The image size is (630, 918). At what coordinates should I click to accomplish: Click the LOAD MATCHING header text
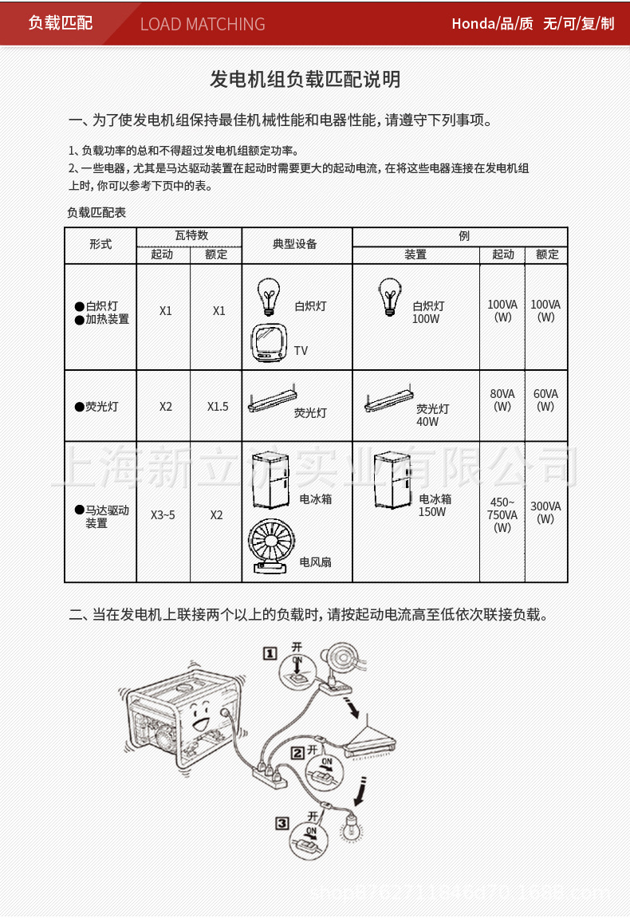coord(203,24)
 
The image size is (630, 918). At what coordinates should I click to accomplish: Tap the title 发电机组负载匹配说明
coord(305,79)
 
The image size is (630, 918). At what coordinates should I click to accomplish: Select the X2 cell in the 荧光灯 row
coord(165,406)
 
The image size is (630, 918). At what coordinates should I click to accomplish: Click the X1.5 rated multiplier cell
coord(218,406)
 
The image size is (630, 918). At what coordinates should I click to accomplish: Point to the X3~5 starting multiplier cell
coord(163,514)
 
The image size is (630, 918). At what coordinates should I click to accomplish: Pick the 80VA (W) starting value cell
coord(502,400)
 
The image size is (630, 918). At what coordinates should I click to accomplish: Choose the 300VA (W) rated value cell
coord(545,512)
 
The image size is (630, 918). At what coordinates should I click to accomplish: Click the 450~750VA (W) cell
coord(502,514)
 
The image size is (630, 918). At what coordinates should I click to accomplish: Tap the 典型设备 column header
coord(295,244)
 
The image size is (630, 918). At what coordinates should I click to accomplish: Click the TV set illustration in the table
coord(270,343)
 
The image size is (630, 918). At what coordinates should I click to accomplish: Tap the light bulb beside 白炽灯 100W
coord(388,297)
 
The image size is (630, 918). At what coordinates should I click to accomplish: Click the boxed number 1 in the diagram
coord(270,653)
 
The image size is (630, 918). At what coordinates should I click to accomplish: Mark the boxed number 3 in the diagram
coord(282,822)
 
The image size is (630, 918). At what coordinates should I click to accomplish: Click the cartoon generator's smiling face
coord(197,715)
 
